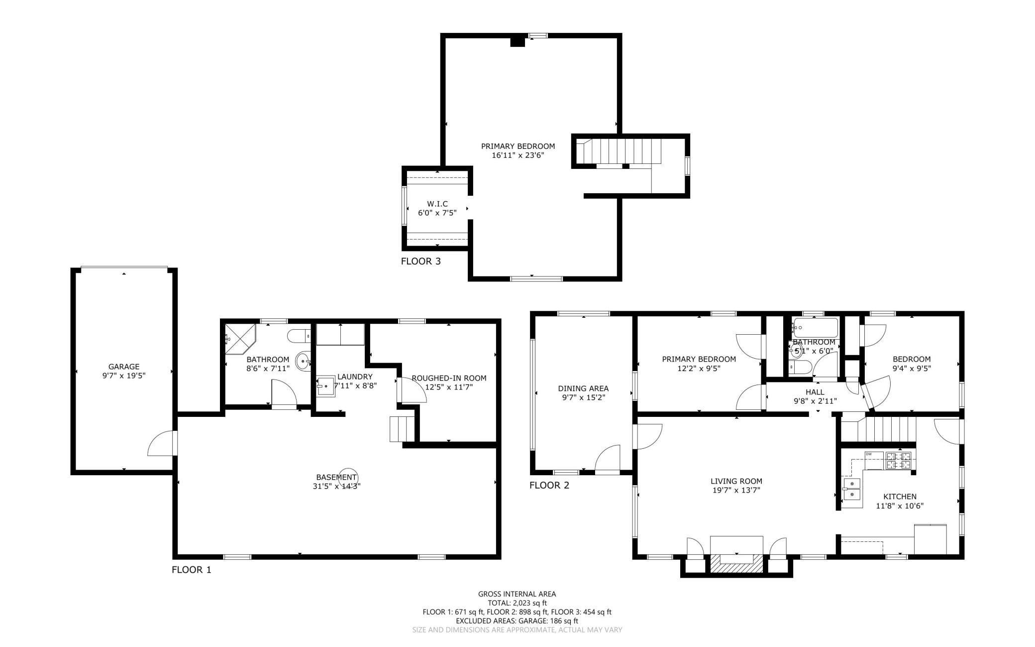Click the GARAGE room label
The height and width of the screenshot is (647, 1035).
click(x=124, y=367)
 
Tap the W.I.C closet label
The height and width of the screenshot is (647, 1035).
click(x=437, y=204)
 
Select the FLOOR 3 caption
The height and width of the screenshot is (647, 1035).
click(x=421, y=261)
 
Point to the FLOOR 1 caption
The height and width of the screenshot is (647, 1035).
click(x=192, y=570)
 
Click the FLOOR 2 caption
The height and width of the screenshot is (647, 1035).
click(x=549, y=485)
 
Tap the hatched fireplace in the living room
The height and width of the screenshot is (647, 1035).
click(x=736, y=563)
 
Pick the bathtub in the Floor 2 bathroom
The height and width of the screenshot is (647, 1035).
click(x=816, y=328)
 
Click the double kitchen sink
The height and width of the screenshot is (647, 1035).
click(x=852, y=489)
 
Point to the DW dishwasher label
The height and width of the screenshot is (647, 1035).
click(x=869, y=454)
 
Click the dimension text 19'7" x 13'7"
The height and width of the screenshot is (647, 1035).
click(x=736, y=490)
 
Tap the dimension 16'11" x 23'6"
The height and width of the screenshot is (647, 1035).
click(x=518, y=155)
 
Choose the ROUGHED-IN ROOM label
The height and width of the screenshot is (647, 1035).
click(x=449, y=378)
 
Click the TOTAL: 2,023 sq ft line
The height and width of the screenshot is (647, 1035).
click(x=517, y=603)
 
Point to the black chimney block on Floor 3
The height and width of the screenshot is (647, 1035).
click(x=518, y=41)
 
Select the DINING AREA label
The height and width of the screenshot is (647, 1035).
click(x=583, y=388)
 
